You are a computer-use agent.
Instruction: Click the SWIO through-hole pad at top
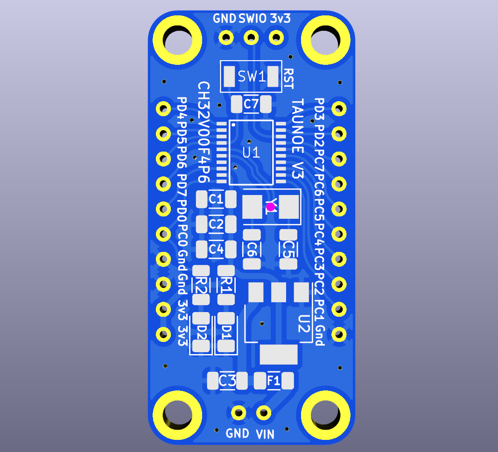pos(251,38)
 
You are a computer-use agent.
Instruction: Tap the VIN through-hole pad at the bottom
pos(264,413)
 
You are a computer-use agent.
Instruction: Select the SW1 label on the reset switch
pos(252,76)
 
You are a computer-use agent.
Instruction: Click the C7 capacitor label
pos(251,104)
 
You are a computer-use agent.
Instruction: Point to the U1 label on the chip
pos(251,153)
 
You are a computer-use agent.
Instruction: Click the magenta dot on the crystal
pos(271,207)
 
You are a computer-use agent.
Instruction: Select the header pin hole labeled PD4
pos(163,109)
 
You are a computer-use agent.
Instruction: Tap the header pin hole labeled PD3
pos(339,109)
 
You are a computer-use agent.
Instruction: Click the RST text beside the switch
pos(288,79)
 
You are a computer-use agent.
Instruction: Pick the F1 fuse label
pos(274,380)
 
